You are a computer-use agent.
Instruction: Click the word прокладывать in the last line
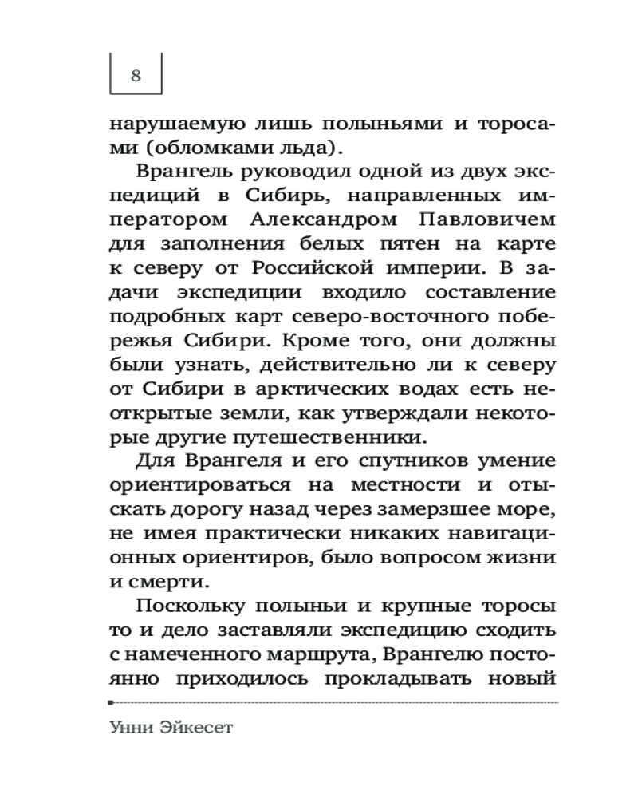point(404,679)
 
